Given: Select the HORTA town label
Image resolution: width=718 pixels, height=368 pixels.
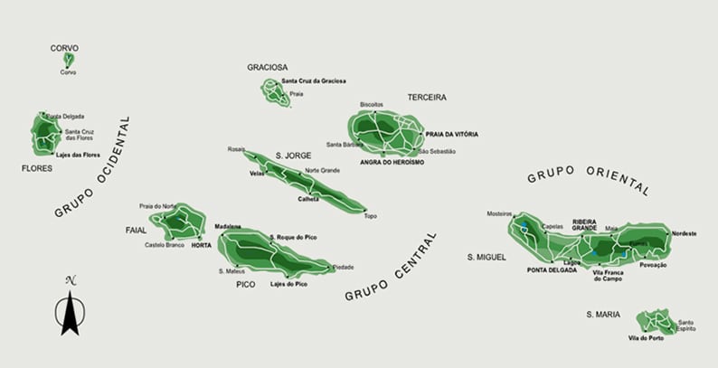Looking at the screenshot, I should tap(201, 244).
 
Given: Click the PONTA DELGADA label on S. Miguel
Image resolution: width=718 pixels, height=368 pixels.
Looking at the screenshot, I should tap(552, 269).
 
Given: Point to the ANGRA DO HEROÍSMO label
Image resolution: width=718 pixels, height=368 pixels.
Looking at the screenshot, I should tap(392, 162).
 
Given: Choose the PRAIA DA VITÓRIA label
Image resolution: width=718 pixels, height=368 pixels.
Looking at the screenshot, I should tap(451, 134).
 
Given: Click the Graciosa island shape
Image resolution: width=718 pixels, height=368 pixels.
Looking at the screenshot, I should tap(273, 89).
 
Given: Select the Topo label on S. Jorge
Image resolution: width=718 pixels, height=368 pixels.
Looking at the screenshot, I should tap(370, 216).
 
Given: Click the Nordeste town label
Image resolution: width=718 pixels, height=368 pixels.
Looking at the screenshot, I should tap(685, 233).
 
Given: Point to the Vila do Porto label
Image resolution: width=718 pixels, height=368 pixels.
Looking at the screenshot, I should tap(646, 338).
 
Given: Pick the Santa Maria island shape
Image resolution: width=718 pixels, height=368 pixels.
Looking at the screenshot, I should tap(653, 320).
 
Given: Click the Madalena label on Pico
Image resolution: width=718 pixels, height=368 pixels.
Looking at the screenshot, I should tap(228, 226).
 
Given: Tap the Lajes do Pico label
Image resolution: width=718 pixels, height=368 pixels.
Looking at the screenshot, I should tap(288, 284).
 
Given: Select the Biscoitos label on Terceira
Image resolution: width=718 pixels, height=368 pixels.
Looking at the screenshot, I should tap(372, 104).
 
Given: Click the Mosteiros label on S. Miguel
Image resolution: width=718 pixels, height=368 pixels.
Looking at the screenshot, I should tap(499, 213).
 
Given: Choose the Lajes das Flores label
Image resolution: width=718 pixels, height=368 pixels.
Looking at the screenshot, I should tap(80, 155).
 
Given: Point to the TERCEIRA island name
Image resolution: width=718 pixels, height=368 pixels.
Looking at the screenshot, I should tap(427, 97).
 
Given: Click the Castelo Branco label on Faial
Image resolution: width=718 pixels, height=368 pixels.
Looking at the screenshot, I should tap(164, 244).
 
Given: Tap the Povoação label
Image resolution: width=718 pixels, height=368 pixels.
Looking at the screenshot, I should tap(653, 265).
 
